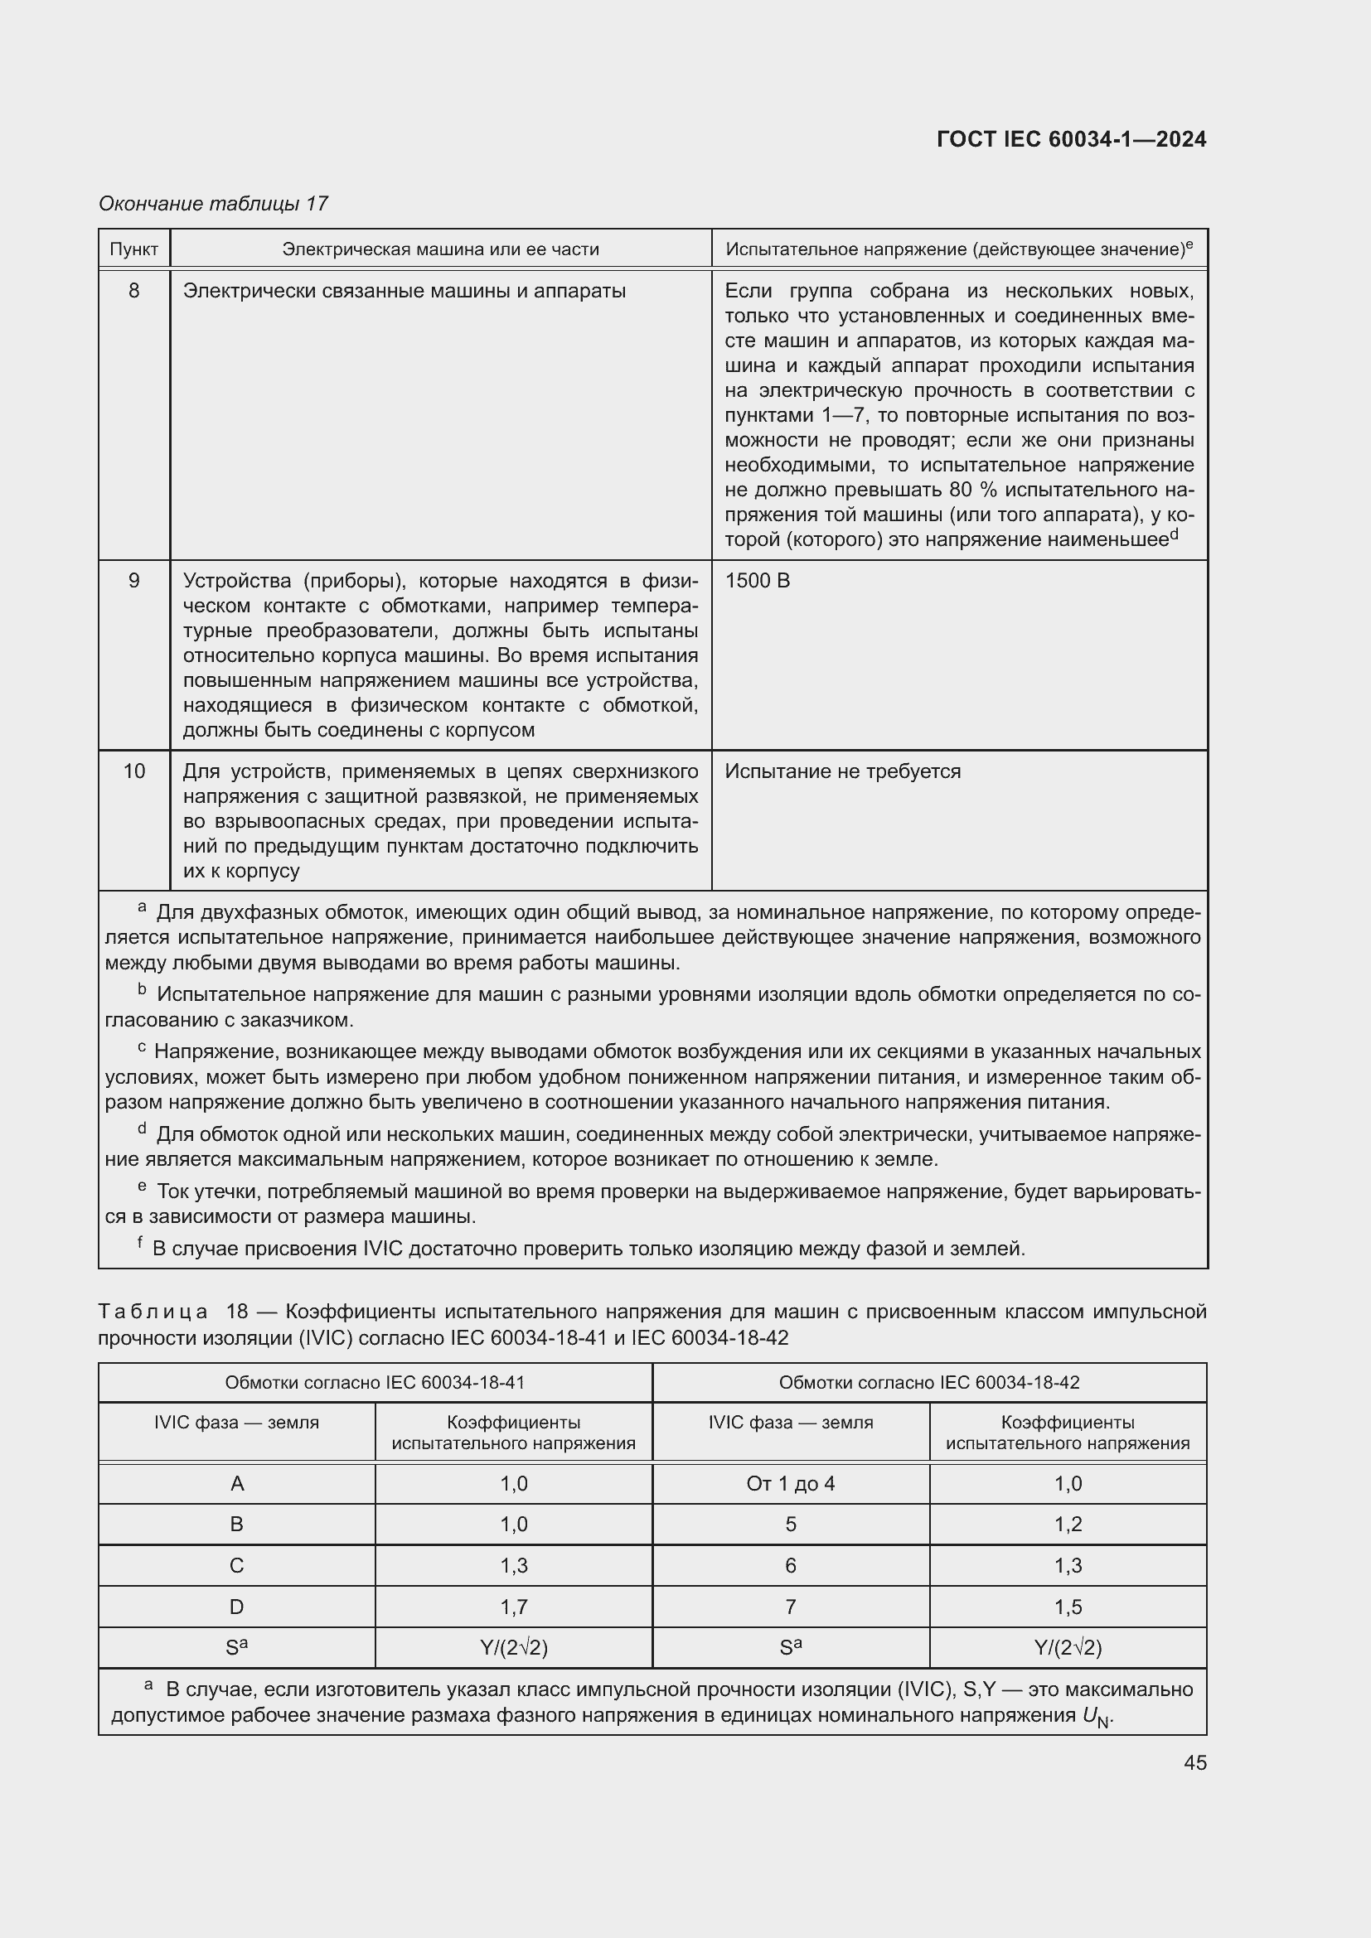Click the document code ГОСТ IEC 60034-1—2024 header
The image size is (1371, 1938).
click(x=1070, y=139)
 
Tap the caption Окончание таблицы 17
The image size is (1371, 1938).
click(x=213, y=204)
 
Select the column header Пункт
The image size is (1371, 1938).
click(x=133, y=249)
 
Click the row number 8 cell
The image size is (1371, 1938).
click(x=133, y=291)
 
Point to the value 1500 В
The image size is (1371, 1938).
click(x=758, y=581)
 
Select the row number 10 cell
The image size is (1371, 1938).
click(x=133, y=771)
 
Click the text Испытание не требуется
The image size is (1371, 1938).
click(x=841, y=771)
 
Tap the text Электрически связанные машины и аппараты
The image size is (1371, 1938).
click(x=404, y=291)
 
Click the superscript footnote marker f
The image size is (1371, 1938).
click(x=140, y=1242)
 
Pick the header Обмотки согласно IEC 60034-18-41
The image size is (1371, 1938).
click(x=374, y=1383)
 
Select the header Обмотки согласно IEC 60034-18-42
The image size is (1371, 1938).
click(x=928, y=1383)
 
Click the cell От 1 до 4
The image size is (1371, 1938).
click(x=790, y=1484)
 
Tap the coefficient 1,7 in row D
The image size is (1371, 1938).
click(x=513, y=1607)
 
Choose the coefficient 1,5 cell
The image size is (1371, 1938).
click(x=1067, y=1607)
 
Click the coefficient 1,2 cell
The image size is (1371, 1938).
click(x=1067, y=1525)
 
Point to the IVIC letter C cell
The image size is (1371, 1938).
click(x=236, y=1566)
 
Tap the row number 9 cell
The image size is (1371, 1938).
click(x=133, y=581)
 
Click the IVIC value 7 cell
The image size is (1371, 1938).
click(x=790, y=1607)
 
